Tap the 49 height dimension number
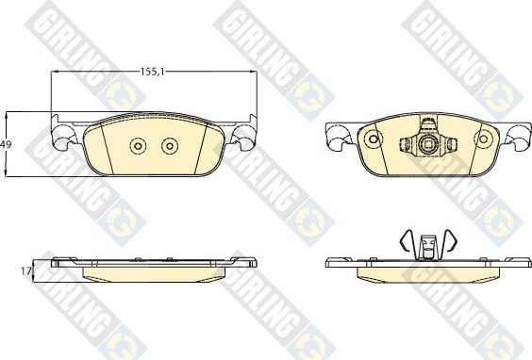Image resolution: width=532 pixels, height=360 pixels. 7,144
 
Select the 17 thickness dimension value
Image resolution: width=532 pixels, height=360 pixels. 25,270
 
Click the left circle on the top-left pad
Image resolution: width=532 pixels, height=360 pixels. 138,146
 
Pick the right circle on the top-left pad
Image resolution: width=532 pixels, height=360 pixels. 170,146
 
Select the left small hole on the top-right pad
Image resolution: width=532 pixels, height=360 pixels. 371,139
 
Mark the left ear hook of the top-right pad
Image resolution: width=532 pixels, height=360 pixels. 336,139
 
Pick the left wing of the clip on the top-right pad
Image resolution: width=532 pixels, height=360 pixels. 406,145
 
